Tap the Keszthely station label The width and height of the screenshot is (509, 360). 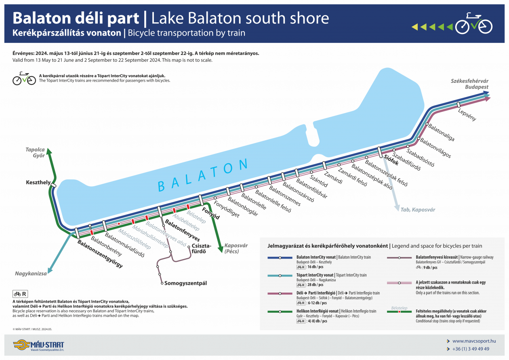pos(38,183)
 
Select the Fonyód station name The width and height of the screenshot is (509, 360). pos(210,213)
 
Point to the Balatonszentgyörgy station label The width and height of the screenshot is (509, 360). pos(100,254)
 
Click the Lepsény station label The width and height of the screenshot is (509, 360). pos(467,114)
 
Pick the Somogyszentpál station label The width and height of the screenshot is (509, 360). pos(186,283)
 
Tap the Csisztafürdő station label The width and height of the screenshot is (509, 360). pos(201,248)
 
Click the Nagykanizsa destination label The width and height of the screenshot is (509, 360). pos(31,274)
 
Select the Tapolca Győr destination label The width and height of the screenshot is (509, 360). pos(35,152)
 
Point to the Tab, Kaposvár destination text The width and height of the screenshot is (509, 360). pos(418,209)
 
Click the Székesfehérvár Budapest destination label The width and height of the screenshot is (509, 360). pos(470,84)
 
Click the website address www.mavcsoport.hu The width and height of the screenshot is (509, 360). pos(474,341)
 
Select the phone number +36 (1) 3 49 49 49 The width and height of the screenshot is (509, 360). pos(471,349)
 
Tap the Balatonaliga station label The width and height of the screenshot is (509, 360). pos(441,133)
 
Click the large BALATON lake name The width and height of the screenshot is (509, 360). pos(202,175)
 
